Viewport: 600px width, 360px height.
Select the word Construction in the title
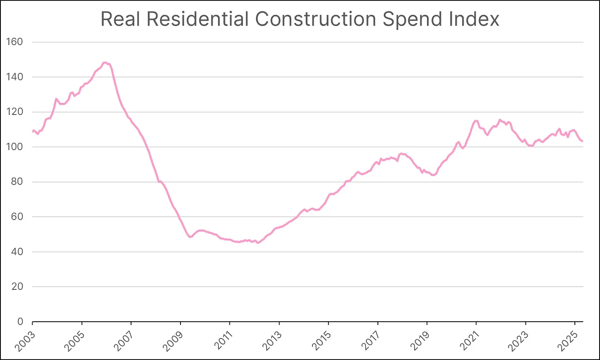click(x=315, y=19)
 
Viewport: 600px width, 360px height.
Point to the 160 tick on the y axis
click(x=14, y=42)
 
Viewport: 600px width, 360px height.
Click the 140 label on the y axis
click(x=14, y=77)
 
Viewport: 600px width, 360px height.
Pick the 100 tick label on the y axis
click(x=14, y=147)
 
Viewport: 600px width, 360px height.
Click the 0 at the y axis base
click(x=20, y=322)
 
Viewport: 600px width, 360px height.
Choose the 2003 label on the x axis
click(x=26, y=340)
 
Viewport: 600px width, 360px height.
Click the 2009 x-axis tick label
click(x=173, y=340)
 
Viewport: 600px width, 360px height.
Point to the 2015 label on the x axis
click(x=321, y=340)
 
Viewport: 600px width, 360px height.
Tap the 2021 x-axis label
click(x=469, y=340)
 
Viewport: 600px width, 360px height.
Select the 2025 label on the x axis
click(x=568, y=340)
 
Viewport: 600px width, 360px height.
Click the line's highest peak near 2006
click(x=105, y=63)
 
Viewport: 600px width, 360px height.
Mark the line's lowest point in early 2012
click(x=258, y=243)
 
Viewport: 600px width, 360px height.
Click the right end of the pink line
click(x=582, y=141)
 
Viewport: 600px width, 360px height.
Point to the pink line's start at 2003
click(x=33, y=132)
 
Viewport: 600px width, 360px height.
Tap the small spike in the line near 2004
click(x=56, y=99)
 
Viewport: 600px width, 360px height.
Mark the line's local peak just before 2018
click(x=401, y=154)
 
